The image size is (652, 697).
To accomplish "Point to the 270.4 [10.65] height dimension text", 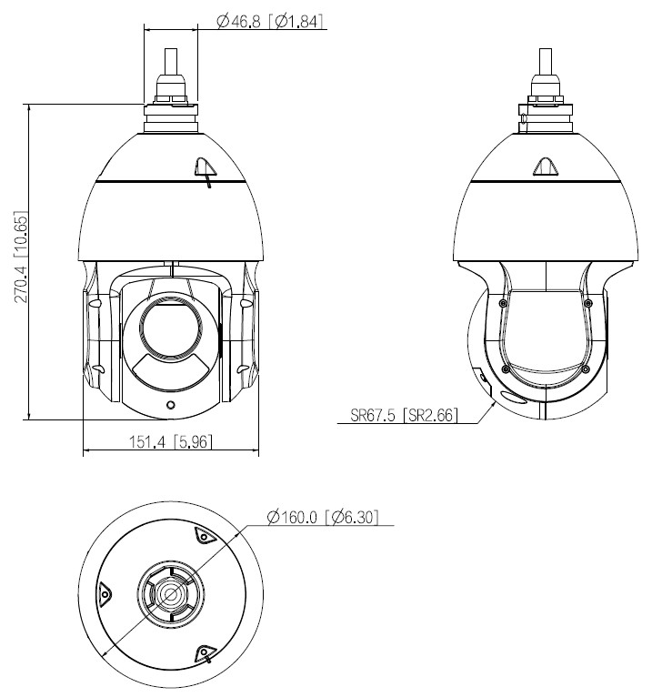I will tap(19, 259).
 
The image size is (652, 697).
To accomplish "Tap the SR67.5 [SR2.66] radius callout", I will tap(405, 416).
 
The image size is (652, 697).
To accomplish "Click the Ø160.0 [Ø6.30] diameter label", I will tap(323, 518).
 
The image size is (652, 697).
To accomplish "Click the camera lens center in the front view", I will tap(170, 323).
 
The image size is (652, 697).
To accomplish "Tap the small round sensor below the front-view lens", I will tap(170, 403).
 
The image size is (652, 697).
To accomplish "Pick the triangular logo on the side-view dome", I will tap(546, 167).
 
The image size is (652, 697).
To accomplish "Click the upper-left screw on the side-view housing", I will tap(503, 303).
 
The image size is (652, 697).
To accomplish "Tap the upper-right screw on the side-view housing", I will tap(588, 303).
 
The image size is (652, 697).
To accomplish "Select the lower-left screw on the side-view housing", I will tap(506, 369).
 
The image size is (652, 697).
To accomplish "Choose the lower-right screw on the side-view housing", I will tap(584, 369).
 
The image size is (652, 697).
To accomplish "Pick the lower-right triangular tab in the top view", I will tap(204, 652).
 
